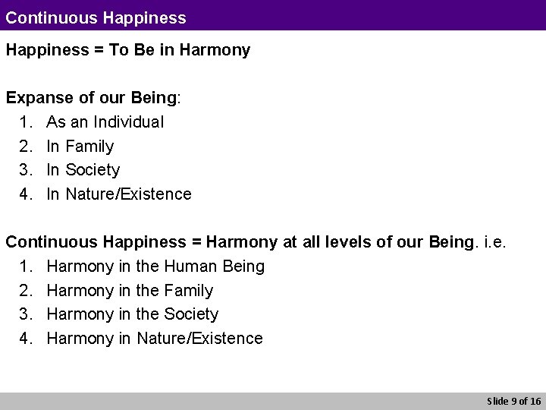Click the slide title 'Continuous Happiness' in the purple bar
(96, 15)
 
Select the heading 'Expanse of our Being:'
(93, 98)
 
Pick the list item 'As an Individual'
(105, 121)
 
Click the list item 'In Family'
(80, 146)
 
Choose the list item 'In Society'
(83, 169)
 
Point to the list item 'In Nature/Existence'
(118, 194)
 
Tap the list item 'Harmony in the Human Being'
(155, 266)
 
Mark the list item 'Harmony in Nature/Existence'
(155, 338)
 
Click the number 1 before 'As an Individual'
(26, 121)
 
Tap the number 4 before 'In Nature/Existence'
(26, 194)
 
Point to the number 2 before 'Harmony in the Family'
(26, 290)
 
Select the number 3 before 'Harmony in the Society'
(26, 314)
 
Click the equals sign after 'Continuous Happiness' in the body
(196, 242)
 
